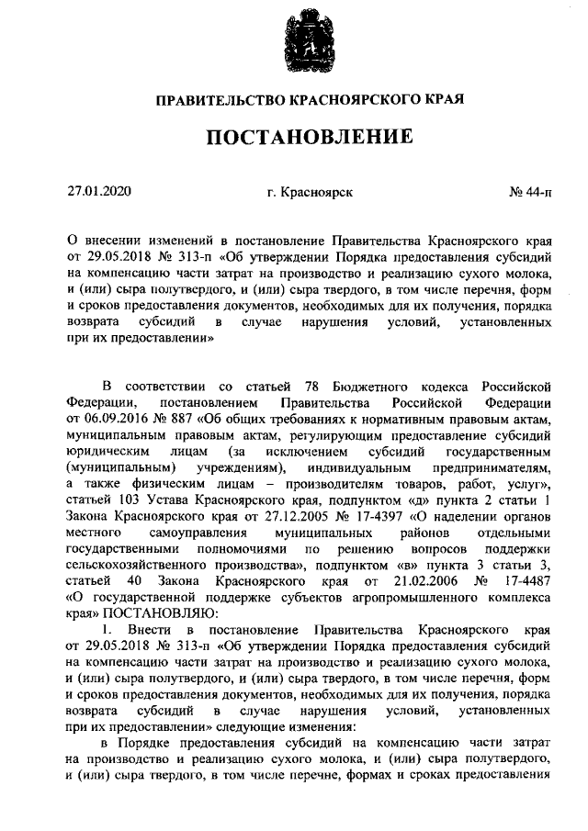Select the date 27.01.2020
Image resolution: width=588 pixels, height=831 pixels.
pyautogui.click(x=100, y=192)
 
